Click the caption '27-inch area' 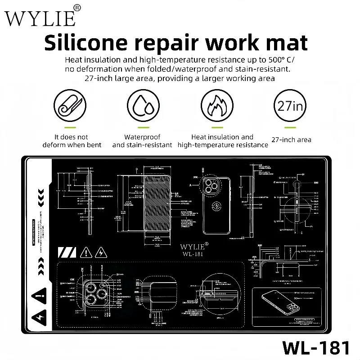[291, 140]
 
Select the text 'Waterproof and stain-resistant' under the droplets [142, 141]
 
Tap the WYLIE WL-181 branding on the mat [193, 249]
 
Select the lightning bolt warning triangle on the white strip [38, 316]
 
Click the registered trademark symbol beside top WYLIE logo [77, 8]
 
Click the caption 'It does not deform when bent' [72, 141]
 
